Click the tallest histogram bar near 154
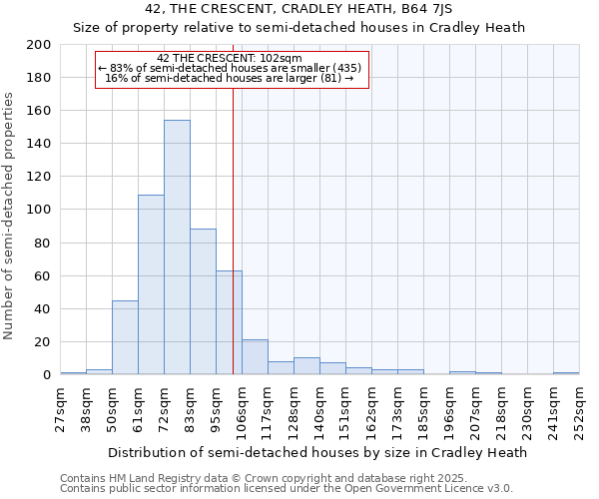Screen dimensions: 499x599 [177, 248]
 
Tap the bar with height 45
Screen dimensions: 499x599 [125, 337]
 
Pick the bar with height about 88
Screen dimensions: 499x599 [203, 301]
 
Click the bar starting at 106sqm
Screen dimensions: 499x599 [255, 357]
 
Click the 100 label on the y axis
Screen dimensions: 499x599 [40, 210]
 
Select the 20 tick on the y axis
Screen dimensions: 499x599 [44, 342]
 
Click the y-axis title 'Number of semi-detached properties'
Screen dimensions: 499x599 [10, 216]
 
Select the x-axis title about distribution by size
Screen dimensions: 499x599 [316, 452]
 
